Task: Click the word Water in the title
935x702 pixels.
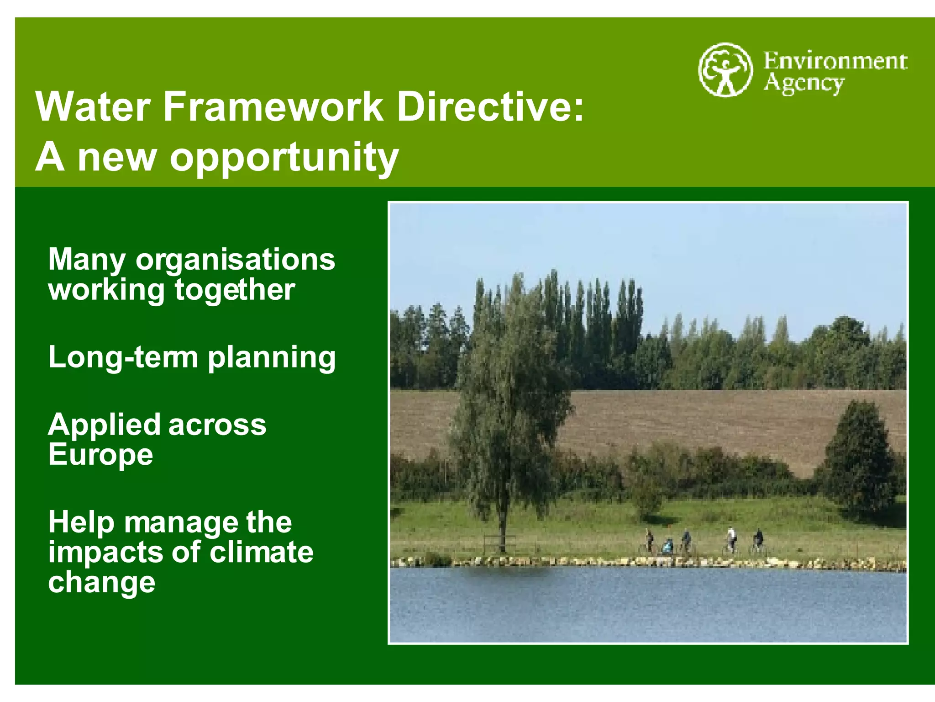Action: coord(93,107)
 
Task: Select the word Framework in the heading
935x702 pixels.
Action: coord(273,107)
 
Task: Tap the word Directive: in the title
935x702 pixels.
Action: coord(490,107)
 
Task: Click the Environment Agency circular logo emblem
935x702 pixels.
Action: coord(725,70)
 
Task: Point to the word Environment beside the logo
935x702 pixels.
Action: coord(835,61)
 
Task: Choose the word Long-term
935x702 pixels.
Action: coord(123,357)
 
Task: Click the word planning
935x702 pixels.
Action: coord(272,358)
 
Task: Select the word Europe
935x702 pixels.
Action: coord(100,455)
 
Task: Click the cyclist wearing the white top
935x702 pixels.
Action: coord(731,540)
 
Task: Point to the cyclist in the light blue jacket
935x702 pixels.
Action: coord(668,546)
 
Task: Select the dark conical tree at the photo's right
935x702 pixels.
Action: coord(858,457)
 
